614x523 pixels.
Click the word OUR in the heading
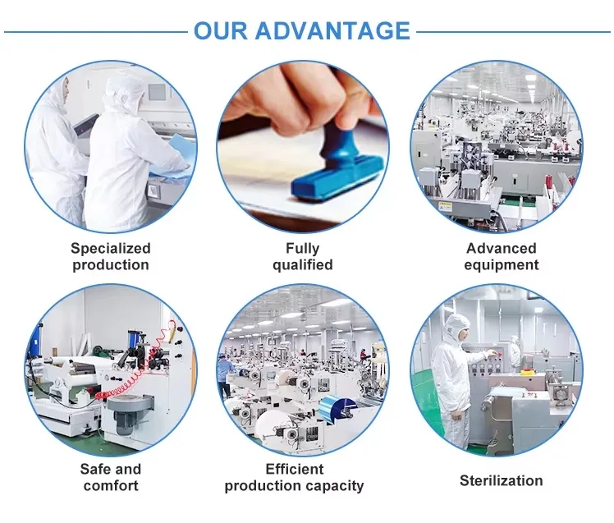[x=221, y=31]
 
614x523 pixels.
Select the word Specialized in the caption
[x=111, y=248]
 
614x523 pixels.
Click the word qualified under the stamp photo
[x=302, y=264]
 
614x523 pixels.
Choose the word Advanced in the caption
[x=501, y=248]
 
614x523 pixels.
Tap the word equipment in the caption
[x=501, y=264]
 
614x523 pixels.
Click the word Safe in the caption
[x=98, y=469]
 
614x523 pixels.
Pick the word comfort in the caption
[x=111, y=485]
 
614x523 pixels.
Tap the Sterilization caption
[x=501, y=480]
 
